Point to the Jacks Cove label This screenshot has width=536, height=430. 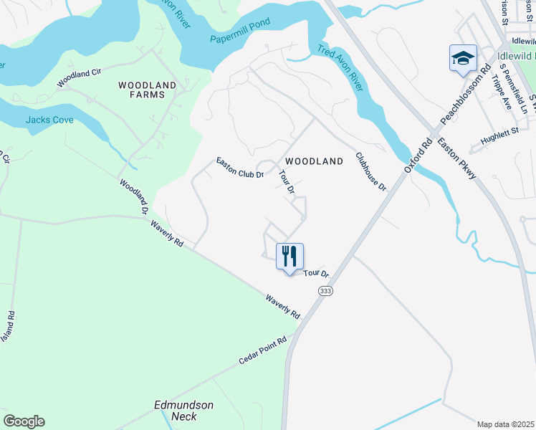(x=49, y=120)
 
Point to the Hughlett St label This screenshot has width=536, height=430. (x=499, y=137)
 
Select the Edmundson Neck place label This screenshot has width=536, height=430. (x=184, y=411)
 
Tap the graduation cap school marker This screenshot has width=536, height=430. (x=463, y=57)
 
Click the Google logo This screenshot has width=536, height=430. (x=24, y=421)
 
